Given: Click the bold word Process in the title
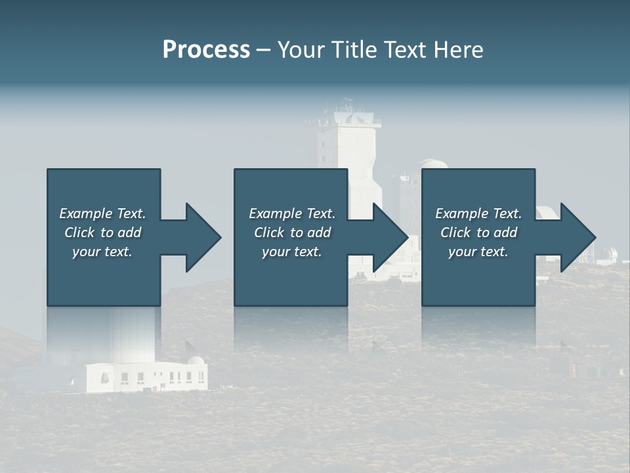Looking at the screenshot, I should coord(206,49).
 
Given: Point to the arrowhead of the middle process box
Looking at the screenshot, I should coord(389,237).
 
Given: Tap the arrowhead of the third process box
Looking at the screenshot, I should coord(577,237).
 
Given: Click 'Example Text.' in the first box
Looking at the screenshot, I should coord(102,214).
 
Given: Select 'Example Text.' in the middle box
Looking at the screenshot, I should coord(292,214).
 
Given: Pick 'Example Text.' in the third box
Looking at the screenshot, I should coord(478,214).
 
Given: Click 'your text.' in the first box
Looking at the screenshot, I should coord(102,252).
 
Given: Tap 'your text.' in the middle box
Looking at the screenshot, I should coord(292,252).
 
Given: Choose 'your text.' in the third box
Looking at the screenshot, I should coord(478,252).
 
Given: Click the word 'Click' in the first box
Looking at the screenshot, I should coord(79,233).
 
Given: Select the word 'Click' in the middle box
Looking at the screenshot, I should coord(269,233).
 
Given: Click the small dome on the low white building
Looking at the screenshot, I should coord(196,361).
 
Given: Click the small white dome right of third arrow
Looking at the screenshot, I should coord(610,254).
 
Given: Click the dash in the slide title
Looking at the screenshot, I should coord(263,50).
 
